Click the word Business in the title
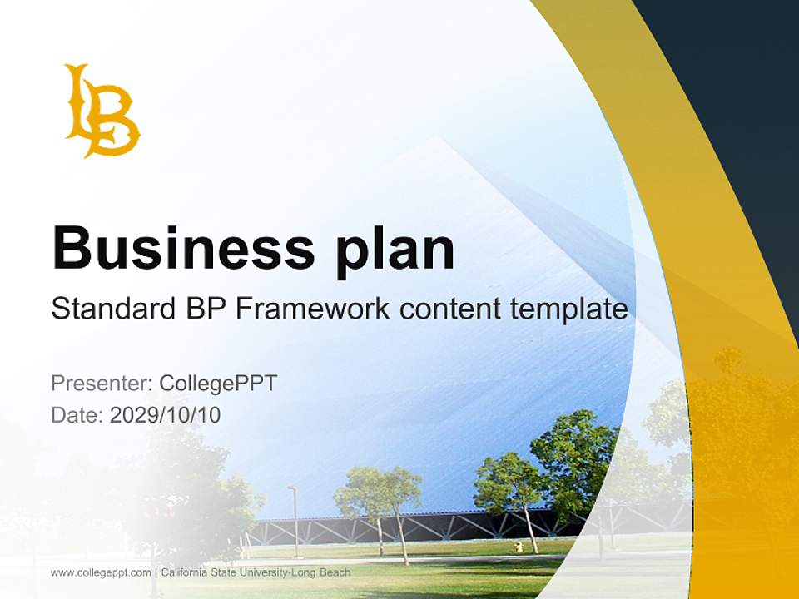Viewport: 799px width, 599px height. [183, 248]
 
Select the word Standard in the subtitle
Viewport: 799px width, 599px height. [110, 309]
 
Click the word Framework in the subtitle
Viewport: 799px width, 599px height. [312, 309]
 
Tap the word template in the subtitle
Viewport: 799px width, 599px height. [570, 309]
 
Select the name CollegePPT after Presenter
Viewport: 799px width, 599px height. [218, 384]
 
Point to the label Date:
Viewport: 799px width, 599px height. [77, 415]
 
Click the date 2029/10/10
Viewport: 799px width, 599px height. [166, 415]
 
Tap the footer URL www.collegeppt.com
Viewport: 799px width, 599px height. [101, 572]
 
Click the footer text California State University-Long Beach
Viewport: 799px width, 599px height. [256, 572]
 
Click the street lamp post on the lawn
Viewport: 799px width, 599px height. [294, 520]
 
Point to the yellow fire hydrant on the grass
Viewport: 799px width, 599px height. [519, 547]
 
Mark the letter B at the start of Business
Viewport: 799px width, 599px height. [71, 248]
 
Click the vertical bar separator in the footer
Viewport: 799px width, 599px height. [156, 572]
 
